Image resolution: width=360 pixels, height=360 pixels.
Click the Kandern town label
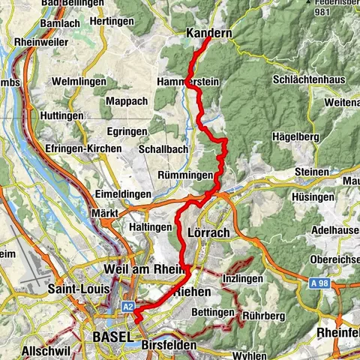click(208, 34)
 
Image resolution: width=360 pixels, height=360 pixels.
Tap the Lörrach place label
click(210, 233)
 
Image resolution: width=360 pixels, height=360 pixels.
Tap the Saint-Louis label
click(78, 288)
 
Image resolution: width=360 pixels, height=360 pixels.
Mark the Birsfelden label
click(168, 345)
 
